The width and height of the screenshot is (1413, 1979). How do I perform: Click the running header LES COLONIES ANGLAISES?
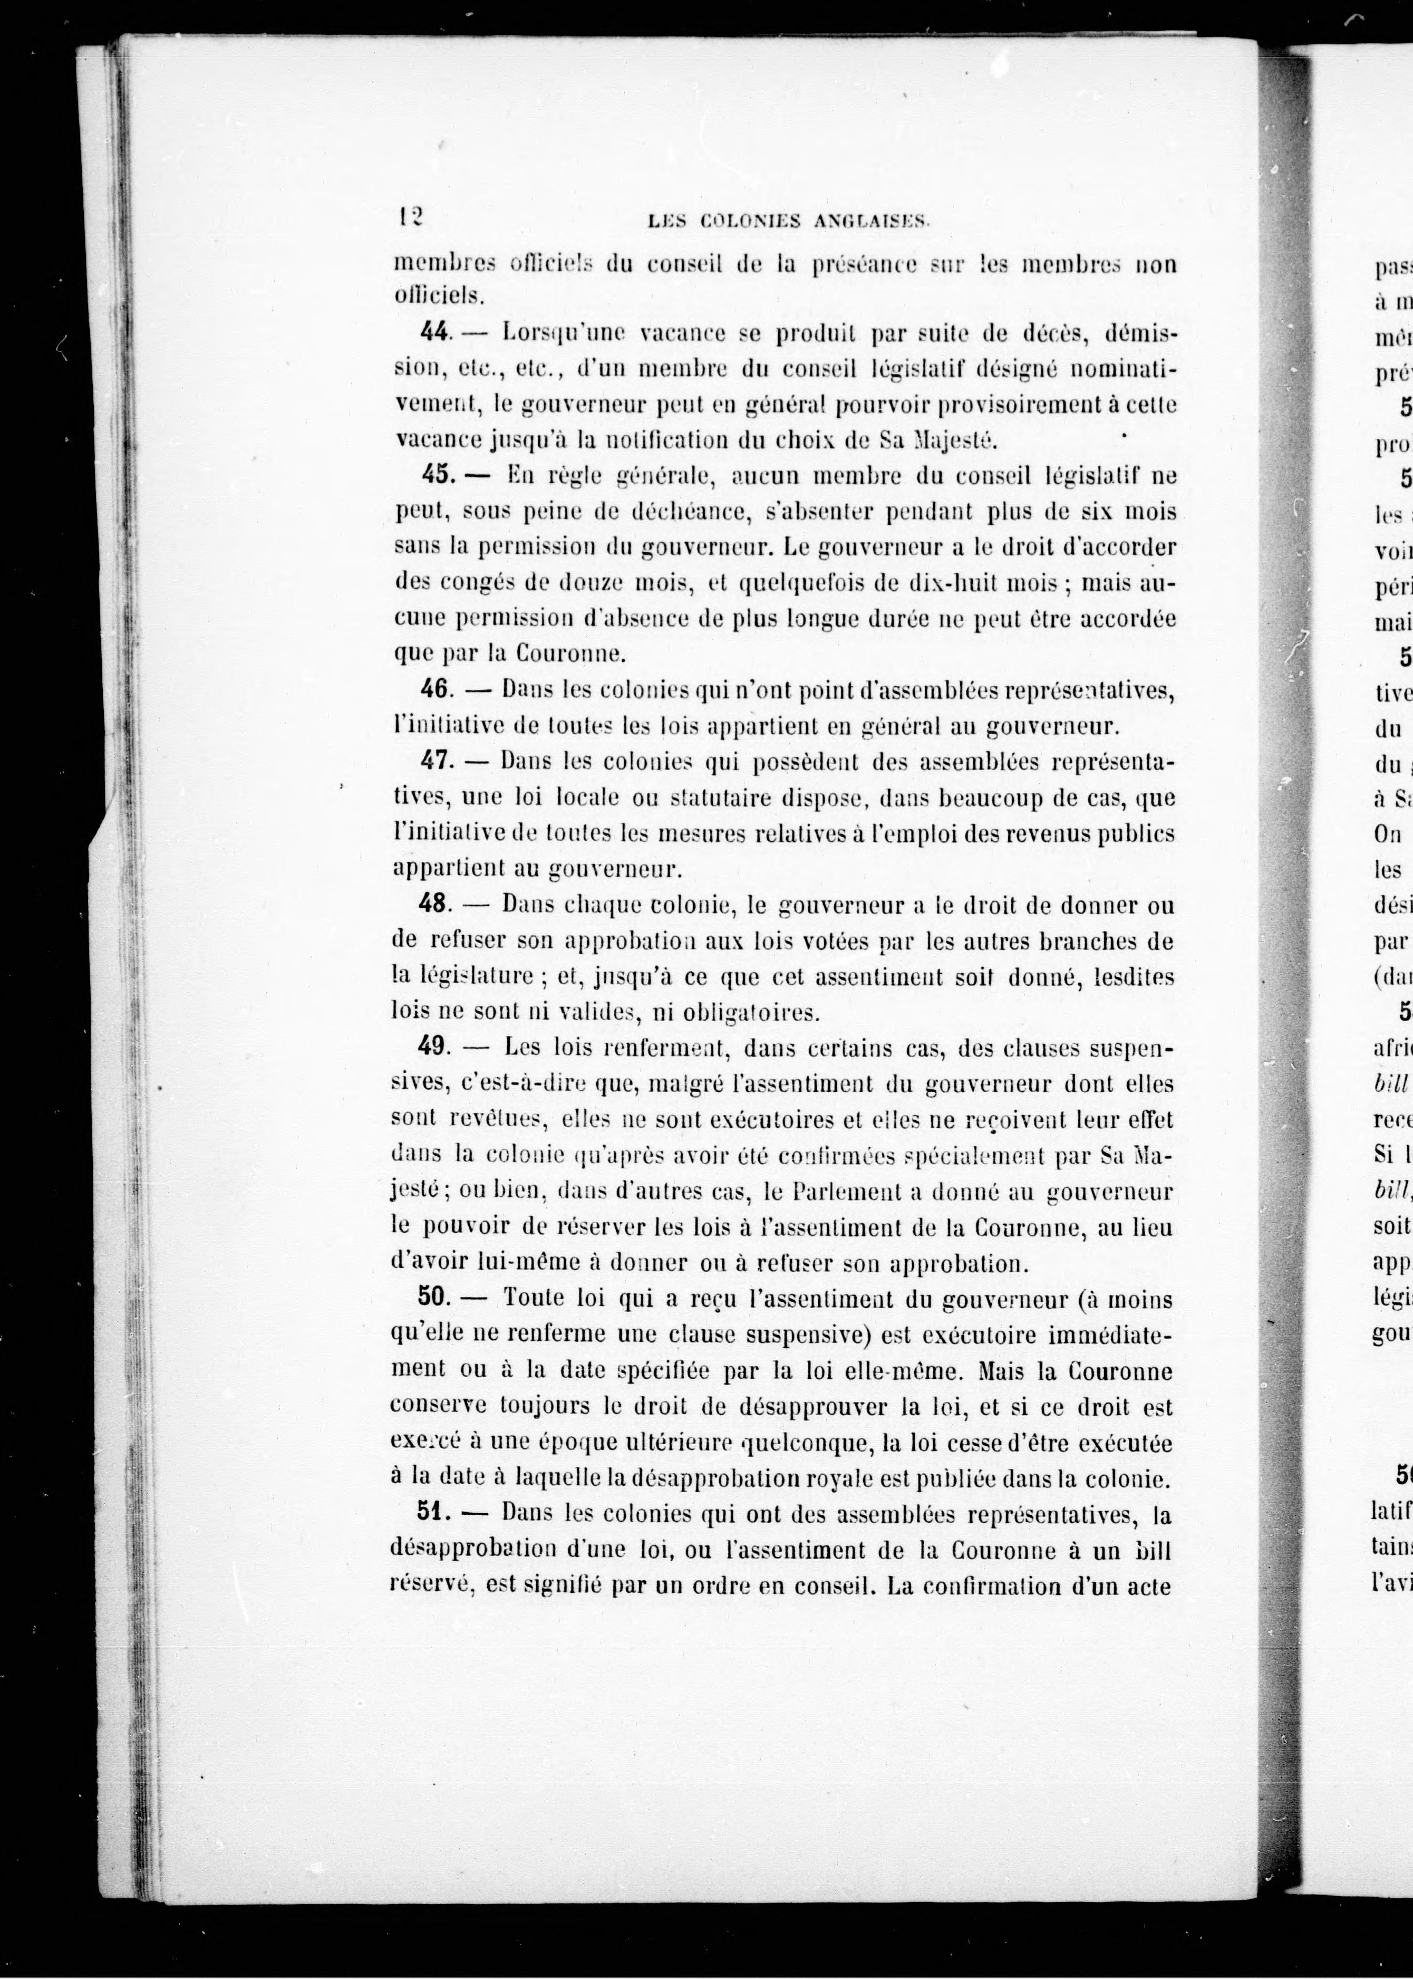pos(790,222)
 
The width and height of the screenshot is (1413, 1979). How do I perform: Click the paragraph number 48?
pos(435,904)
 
